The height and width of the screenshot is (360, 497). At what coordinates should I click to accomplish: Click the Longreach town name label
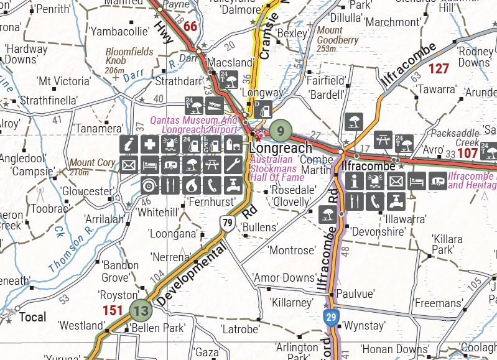click(281, 149)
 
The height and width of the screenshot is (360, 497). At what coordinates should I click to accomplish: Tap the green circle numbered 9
click(281, 131)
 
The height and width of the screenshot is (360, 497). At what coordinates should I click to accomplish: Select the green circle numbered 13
click(141, 310)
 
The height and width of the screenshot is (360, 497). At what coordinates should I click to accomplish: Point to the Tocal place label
click(32, 317)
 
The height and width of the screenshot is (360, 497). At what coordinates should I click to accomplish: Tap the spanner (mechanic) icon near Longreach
click(233, 165)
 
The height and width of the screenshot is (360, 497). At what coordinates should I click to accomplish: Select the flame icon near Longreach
click(191, 185)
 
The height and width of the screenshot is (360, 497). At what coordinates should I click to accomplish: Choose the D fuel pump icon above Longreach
click(262, 110)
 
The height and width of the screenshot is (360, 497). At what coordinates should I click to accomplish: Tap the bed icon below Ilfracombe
click(417, 181)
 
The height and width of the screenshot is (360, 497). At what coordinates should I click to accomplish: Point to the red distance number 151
click(113, 310)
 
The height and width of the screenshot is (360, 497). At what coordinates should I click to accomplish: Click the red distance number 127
click(439, 69)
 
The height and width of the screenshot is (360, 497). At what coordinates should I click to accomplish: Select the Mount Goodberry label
click(338, 39)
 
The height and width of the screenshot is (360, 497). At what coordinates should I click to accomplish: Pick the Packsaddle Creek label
click(459, 137)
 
